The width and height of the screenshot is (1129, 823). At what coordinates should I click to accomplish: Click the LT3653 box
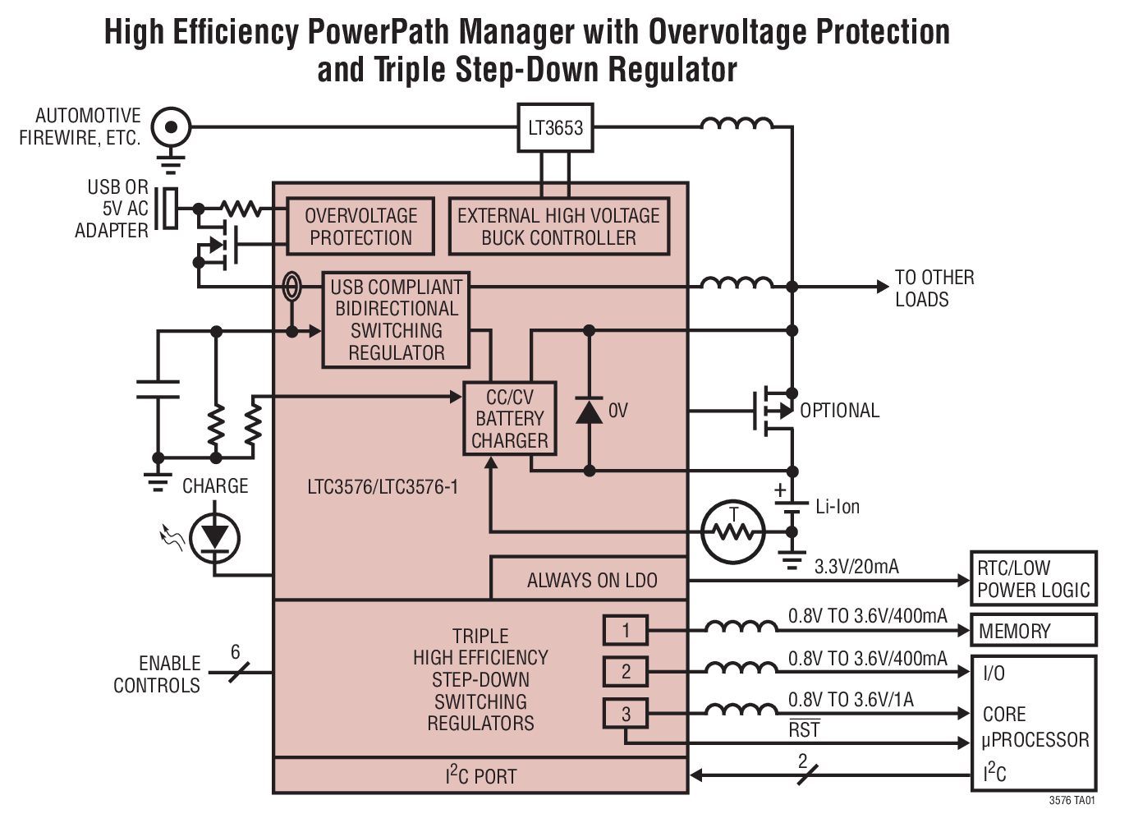[555, 128]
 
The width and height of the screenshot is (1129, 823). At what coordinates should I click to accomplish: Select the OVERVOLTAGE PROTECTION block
[360, 227]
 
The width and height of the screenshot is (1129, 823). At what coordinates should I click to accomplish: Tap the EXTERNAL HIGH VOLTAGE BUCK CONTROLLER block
[558, 227]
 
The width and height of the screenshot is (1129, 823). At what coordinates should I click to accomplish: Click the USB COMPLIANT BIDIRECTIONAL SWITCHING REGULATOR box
[396, 320]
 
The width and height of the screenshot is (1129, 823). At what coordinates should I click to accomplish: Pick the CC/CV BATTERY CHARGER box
[510, 419]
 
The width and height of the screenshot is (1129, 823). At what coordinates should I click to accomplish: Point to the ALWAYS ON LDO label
[591, 581]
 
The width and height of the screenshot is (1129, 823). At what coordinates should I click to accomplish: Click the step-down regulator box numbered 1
[626, 631]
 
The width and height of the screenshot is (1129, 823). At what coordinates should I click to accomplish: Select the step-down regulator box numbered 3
[626, 714]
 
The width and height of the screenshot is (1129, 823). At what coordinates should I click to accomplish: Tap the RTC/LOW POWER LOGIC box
[1033, 579]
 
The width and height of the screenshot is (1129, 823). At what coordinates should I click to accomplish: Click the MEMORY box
[1033, 631]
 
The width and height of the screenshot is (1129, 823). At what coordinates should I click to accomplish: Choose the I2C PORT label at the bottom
[480, 776]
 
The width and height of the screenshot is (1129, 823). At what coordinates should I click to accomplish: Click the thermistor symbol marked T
[733, 531]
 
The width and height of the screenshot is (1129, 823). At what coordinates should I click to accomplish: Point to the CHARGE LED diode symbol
[215, 538]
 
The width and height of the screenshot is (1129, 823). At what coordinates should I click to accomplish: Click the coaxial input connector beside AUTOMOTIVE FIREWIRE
[171, 127]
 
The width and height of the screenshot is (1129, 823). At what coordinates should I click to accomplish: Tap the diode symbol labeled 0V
[589, 410]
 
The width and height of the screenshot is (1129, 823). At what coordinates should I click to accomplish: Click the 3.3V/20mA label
[856, 567]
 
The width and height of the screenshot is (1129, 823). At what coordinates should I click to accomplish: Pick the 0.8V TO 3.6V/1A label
[851, 700]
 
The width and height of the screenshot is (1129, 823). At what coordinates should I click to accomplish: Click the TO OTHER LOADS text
[934, 288]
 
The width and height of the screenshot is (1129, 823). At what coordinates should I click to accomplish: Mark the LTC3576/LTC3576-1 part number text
[383, 487]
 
